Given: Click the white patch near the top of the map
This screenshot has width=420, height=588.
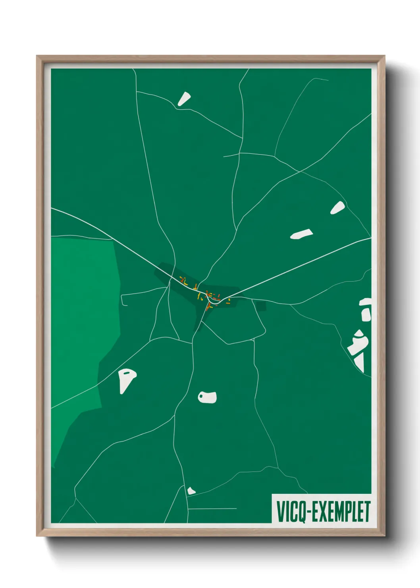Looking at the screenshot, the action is coord(184,99).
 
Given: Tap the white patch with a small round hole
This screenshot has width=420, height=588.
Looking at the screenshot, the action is coord(208,397).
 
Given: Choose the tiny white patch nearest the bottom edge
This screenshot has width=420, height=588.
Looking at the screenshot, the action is coord(191,491).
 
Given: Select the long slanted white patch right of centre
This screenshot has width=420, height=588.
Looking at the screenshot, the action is coord(301,234).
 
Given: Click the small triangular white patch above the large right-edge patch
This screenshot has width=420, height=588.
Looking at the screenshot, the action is coord(337,208).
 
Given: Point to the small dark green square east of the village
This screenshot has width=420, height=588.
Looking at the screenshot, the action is coord(261,306).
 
